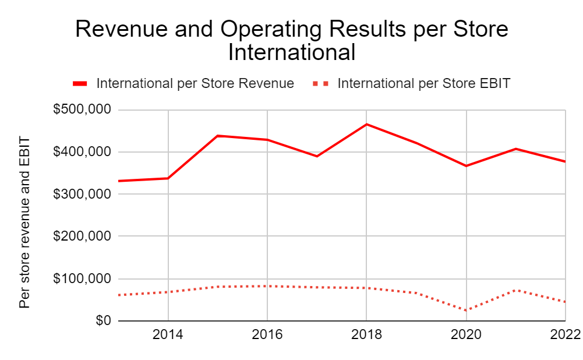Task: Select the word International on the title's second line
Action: (291, 52)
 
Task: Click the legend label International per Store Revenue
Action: (195, 83)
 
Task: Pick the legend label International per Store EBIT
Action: (423, 83)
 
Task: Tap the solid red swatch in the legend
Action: (80, 84)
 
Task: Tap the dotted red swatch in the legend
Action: (321, 84)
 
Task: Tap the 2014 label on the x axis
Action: (168, 335)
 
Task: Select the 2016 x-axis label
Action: (267, 335)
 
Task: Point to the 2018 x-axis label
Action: (366, 335)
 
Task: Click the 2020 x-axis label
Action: (466, 335)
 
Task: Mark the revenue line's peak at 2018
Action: (366, 124)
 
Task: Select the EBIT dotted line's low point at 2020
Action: (466, 310)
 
